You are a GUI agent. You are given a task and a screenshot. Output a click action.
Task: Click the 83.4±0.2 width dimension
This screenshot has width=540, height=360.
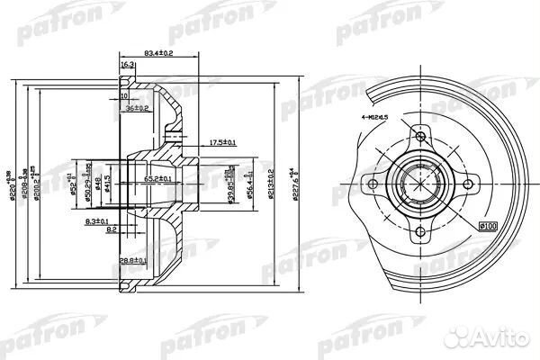[x=158, y=54]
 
